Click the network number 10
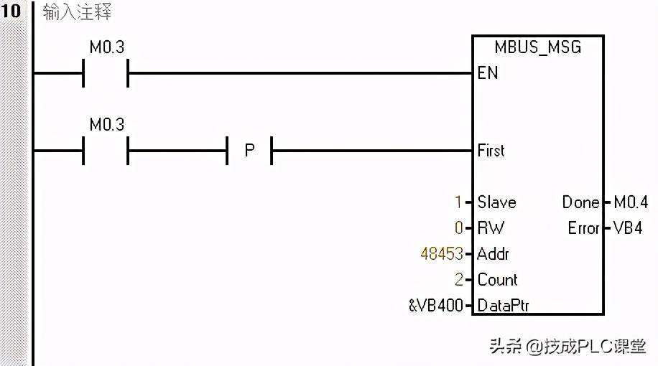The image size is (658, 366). (x=11, y=11)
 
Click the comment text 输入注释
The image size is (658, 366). (x=77, y=13)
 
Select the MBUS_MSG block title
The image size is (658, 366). (x=537, y=47)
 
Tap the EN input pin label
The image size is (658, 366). (x=488, y=73)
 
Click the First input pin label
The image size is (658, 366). (x=491, y=151)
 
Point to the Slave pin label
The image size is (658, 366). (x=496, y=202)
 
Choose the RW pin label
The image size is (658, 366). (x=491, y=228)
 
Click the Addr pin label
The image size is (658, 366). (x=493, y=254)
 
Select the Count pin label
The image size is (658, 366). (x=497, y=280)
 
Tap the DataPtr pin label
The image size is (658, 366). (x=503, y=306)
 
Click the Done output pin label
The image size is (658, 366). (x=580, y=202)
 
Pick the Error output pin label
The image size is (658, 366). (x=583, y=228)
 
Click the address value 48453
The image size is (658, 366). (x=442, y=254)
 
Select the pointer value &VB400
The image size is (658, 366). (x=435, y=306)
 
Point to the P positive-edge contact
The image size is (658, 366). (x=250, y=151)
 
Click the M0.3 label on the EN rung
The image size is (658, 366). (x=106, y=47)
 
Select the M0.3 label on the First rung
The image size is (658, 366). (x=106, y=125)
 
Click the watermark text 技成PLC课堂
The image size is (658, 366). (x=595, y=347)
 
